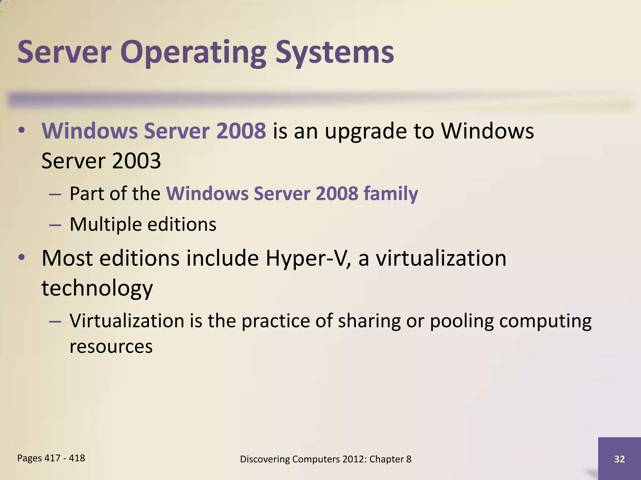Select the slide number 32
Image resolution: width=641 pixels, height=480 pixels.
[x=619, y=459]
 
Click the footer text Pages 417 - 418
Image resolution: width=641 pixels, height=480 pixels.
[x=51, y=458]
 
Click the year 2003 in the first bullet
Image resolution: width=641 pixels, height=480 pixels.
[x=136, y=161]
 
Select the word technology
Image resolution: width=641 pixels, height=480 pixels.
[x=97, y=288]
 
